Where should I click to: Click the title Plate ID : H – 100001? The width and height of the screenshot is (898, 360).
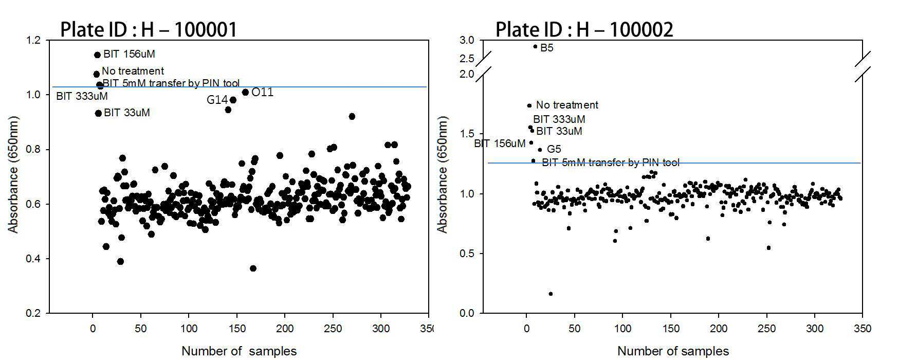click(149, 29)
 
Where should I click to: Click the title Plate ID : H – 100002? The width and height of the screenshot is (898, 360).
click(584, 29)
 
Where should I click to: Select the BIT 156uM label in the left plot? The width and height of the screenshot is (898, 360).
click(129, 53)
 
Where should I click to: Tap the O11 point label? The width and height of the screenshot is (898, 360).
click(262, 93)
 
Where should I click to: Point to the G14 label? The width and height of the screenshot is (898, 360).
click(217, 100)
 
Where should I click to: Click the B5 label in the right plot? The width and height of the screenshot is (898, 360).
click(547, 48)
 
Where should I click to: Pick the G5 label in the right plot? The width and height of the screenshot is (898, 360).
click(554, 149)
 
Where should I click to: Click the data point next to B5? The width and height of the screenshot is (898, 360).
click(535, 46)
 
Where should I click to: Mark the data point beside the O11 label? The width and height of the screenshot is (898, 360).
click(245, 93)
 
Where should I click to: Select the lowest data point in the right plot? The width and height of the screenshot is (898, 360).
click(551, 294)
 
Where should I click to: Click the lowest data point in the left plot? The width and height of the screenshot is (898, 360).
click(253, 268)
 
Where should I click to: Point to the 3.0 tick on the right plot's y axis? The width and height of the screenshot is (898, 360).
click(467, 40)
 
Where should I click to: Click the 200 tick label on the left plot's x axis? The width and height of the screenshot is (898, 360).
click(285, 329)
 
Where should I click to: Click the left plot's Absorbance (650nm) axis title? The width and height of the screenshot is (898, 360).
click(14, 174)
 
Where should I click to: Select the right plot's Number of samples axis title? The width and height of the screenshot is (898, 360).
click(673, 351)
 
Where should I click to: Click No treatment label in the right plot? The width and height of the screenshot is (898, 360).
click(567, 105)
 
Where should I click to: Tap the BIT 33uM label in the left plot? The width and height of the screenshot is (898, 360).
click(127, 112)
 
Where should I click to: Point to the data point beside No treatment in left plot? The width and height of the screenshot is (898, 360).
click(96, 74)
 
